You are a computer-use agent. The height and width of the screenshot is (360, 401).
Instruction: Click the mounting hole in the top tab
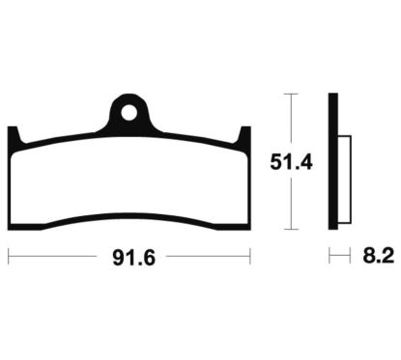pyautogui.click(x=129, y=111)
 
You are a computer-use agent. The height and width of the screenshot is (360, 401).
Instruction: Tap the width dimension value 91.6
pyautogui.click(x=129, y=257)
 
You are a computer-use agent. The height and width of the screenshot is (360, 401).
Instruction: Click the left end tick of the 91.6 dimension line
pyautogui.click(x=9, y=257)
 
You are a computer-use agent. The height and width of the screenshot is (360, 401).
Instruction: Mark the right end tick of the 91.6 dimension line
pyautogui.click(x=249, y=257)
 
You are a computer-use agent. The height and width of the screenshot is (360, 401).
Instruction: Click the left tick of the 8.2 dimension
pyautogui.click(x=329, y=257)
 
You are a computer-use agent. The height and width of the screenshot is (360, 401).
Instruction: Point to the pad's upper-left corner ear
pyautogui.click(x=14, y=135)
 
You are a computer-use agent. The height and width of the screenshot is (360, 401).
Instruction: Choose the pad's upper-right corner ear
pyautogui.click(x=244, y=135)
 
